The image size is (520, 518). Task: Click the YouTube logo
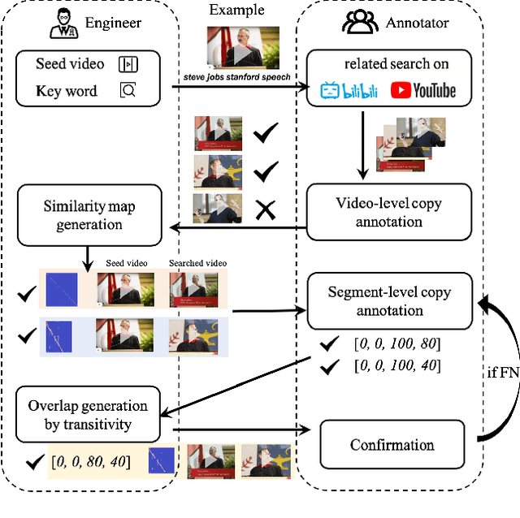[422, 89]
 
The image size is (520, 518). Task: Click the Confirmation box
[392, 444]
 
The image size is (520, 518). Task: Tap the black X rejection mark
[264, 209]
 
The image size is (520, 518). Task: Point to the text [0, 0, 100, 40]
[391, 366]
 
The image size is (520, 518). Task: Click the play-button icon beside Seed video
[128, 64]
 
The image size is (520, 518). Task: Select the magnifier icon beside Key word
[128, 90]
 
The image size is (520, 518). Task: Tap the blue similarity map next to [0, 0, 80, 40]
[161, 461]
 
